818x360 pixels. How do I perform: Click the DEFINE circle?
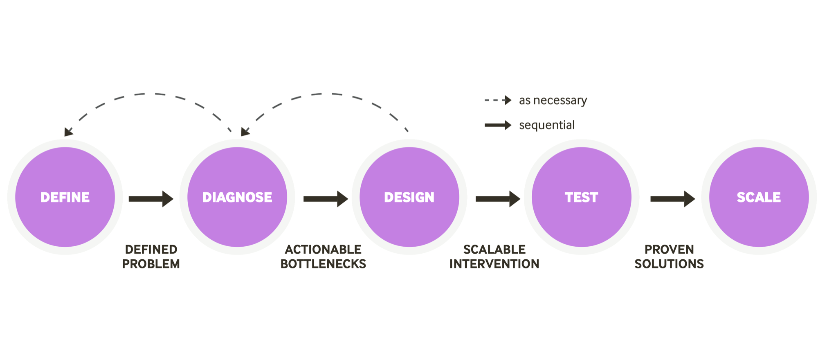[x=65, y=197]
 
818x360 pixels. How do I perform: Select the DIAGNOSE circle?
[x=237, y=197]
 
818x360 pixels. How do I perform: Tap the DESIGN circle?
[x=409, y=197]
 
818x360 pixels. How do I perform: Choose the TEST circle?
[x=581, y=197]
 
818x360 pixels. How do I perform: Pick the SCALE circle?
[x=759, y=197]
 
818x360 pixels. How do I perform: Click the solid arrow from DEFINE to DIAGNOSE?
[x=151, y=199]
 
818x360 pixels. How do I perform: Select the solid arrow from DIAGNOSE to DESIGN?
[x=326, y=199]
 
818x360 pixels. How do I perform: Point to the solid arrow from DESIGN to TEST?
[x=498, y=199]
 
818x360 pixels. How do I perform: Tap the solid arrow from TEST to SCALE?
[x=672, y=199]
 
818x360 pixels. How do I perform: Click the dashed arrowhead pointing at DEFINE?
[x=68, y=132]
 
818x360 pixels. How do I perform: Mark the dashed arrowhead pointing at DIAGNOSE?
[x=245, y=131]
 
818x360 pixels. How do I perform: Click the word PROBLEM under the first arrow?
[x=151, y=264]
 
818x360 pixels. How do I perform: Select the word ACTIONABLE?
[x=323, y=249]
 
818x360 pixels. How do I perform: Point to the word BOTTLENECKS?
[x=323, y=264]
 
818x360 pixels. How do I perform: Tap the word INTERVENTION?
[x=494, y=264]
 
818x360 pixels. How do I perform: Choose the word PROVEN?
[x=669, y=249]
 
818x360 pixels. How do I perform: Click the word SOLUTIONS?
[x=669, y=264]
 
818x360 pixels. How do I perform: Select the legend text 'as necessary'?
[x=553, y=100]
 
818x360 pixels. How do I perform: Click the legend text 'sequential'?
[x=546, y=125]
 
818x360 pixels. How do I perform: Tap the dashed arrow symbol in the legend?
[x=498, y=100]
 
